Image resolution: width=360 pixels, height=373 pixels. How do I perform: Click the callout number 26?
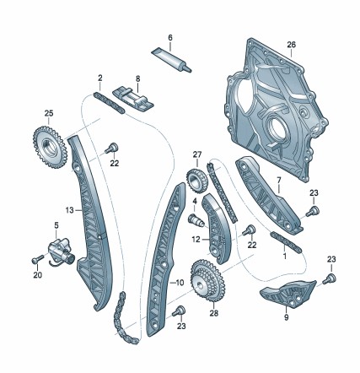(x=292, y=45)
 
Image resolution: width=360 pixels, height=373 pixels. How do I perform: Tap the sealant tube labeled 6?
(x=171, y=59)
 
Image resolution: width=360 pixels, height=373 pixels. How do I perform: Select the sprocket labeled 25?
(x=50, y=147)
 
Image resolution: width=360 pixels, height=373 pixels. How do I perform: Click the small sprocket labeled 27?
(x=197, y=181)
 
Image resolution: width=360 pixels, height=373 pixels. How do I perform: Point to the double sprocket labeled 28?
(x=207, y=281)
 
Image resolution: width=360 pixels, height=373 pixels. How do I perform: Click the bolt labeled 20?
(x=38, y=259)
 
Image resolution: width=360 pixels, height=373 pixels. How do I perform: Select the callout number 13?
(x=69, y=210)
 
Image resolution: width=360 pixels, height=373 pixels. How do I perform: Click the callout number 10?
(x=180, y=283)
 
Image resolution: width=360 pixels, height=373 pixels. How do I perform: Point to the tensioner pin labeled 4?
(x=196, y=220)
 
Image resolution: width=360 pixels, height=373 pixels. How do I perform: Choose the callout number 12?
(x=196, y=240)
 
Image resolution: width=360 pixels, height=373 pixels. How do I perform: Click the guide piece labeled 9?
(x=287, y=294)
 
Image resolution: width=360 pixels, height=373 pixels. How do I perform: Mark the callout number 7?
(x=279, y=180)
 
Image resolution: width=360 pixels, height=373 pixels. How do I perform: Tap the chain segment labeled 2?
(x=109, y=103)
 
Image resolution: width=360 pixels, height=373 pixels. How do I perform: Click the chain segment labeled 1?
(x=286, y=242)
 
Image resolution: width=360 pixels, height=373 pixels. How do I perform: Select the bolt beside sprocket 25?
(x=112, y=148)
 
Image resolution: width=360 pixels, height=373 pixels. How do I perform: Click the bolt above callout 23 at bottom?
(x=180, y=311)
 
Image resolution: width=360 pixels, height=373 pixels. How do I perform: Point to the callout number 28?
(x=214, y=313)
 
